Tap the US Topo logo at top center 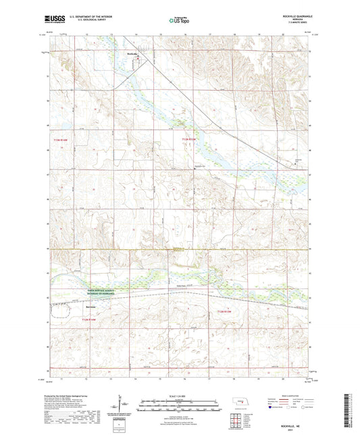tap(179, 21)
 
